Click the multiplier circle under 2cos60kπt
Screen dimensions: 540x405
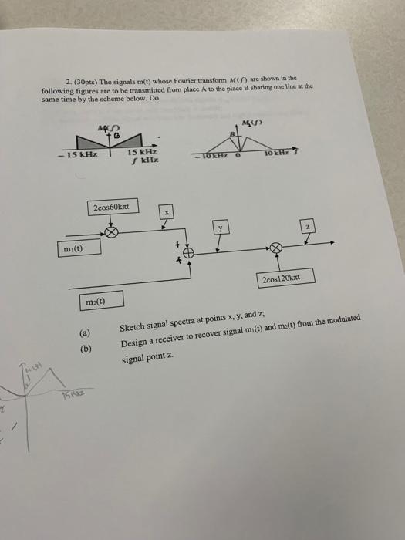click(113, 231)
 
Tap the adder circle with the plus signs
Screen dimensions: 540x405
click(188, 252)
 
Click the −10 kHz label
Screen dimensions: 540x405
click(212, 157)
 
